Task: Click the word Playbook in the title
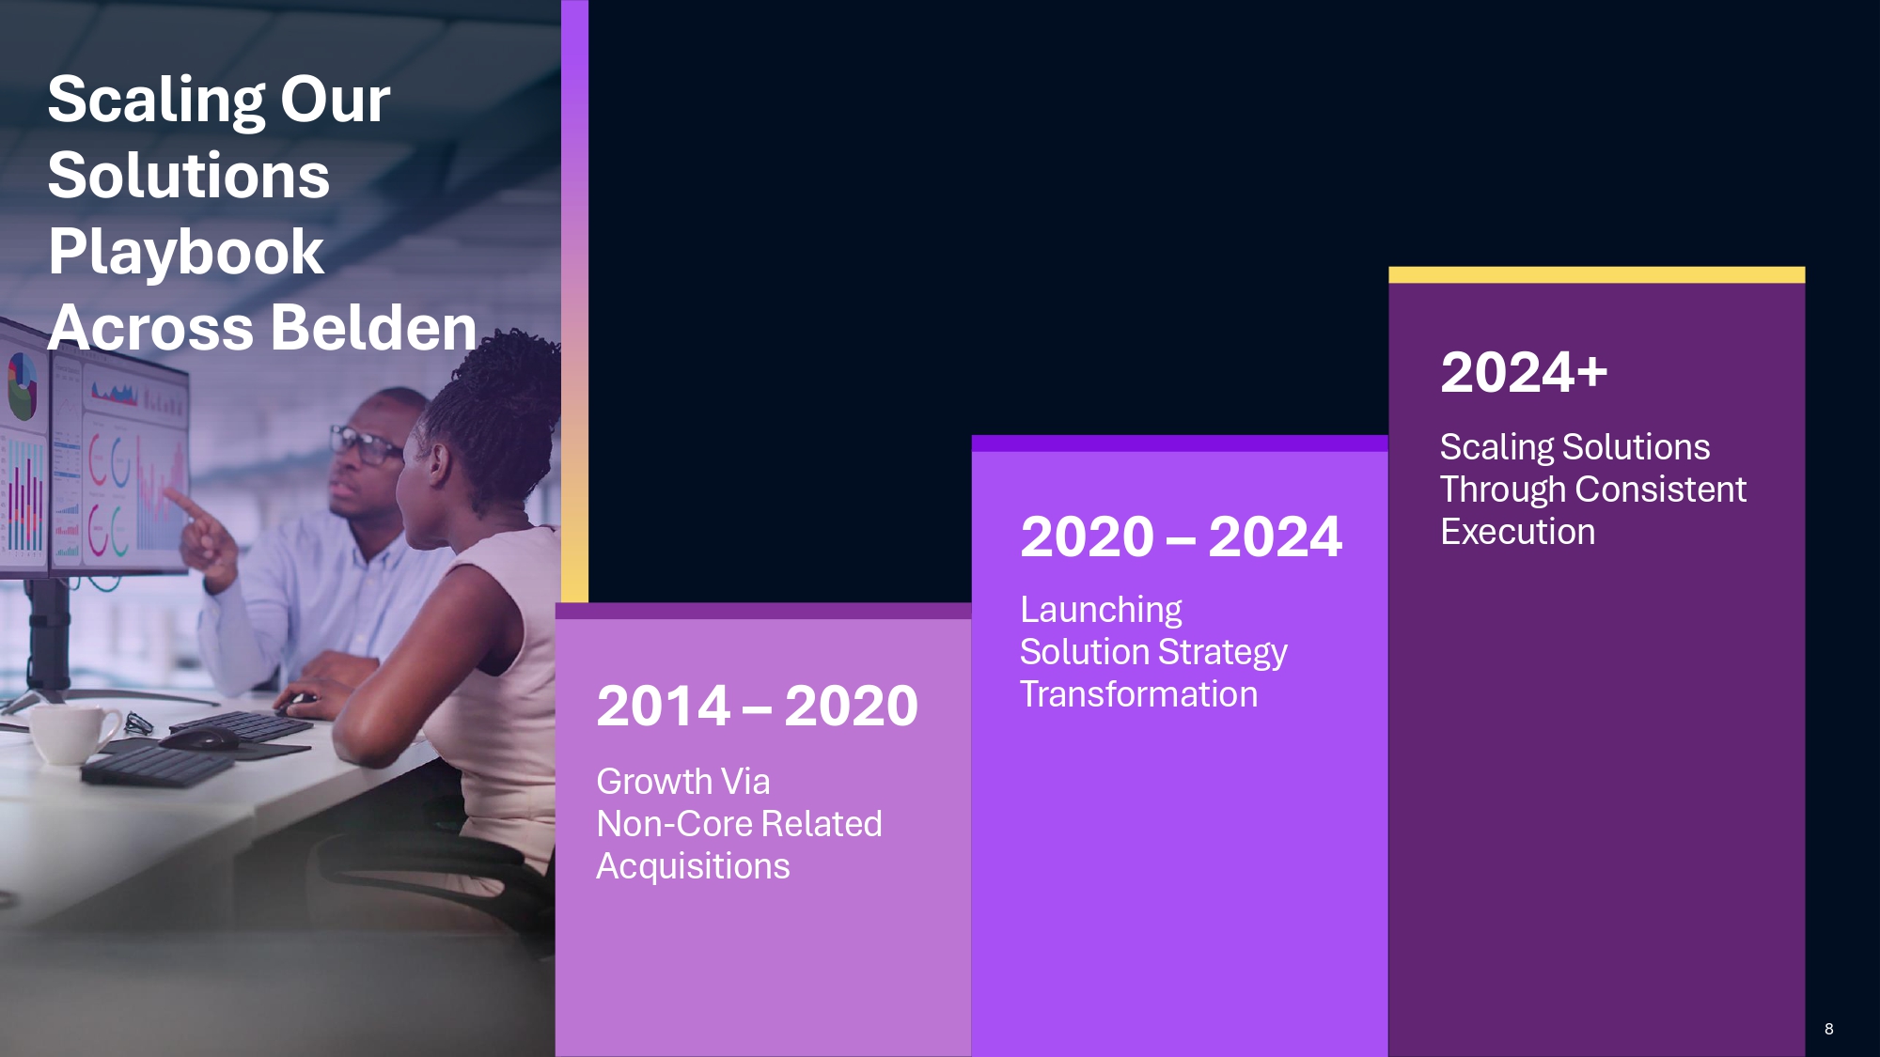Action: [186, 253]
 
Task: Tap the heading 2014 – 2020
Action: [757, 706]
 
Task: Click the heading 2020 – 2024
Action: [1181, 536]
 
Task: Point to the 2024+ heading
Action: [1524, 372]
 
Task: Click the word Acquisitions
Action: [693, 866]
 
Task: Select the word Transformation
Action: [1138, 694]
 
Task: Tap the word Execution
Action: [1517, 532]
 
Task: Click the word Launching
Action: [1101, 611]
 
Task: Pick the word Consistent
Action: [1660, 490]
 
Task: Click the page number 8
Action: [1828, 1029]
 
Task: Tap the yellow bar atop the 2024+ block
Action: [1596, 274]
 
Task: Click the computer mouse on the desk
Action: [199, 738]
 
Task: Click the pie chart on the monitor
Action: [23, 386]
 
